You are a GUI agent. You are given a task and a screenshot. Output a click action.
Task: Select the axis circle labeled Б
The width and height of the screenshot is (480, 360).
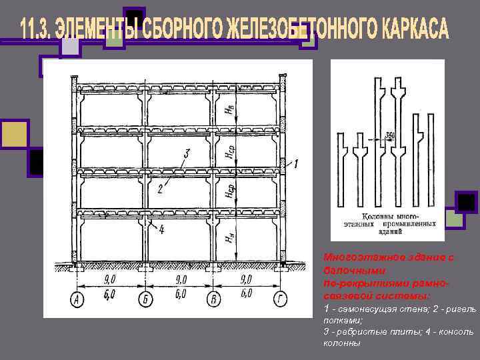(x=143, y=300)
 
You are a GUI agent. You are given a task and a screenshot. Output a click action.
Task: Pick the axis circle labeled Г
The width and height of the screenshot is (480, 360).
(x=281, y=300)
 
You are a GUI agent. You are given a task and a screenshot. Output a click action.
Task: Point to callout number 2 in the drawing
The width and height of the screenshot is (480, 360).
(x=160, y=189)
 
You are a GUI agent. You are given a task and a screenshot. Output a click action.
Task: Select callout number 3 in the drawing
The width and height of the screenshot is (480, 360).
(x=187, y=154)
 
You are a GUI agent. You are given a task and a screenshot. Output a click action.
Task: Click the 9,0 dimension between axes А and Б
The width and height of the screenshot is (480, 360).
(x=110, y=279)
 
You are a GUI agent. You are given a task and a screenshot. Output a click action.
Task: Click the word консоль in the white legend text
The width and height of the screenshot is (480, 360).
(x=455, y=331)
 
